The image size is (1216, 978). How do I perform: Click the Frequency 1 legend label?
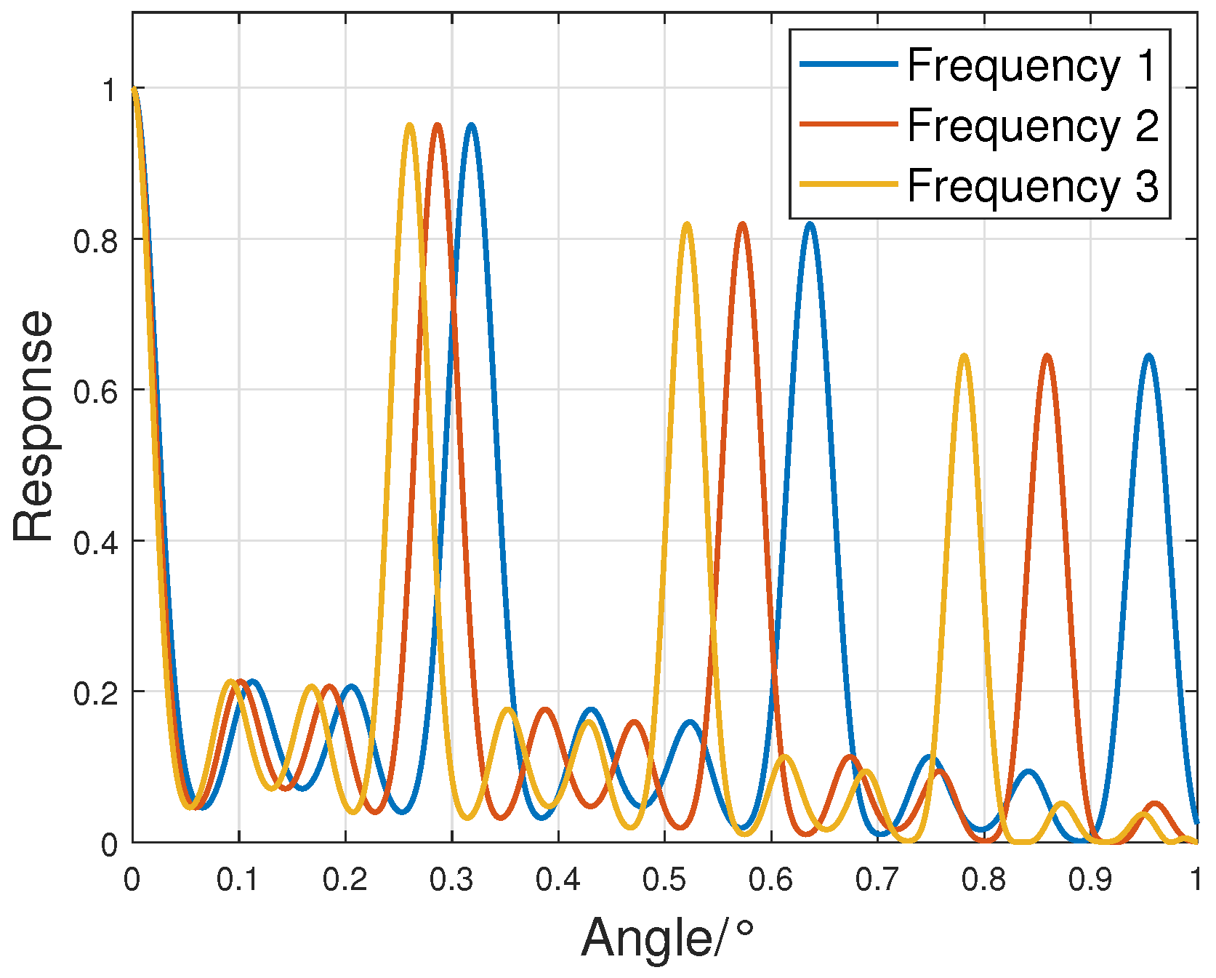pos(1031,65)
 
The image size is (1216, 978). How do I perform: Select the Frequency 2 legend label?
pos(1031,125)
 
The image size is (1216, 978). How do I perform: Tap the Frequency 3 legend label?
pos(1031,185)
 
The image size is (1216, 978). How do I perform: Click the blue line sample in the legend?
pos(848,64)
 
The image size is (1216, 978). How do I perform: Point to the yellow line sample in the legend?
pos(848,185)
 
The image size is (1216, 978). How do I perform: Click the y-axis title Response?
pos(34,425)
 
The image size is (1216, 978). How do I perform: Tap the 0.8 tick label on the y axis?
pos(95,241)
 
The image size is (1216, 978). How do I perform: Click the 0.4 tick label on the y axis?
pos(95,542)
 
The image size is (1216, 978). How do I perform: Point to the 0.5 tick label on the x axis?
pos(664,880)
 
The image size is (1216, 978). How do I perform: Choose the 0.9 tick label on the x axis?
pos(1090,880)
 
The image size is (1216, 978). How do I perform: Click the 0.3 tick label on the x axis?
pos(451,880)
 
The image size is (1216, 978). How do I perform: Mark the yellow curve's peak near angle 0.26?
pos(410,126)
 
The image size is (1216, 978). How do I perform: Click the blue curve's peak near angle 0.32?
pos(472,126)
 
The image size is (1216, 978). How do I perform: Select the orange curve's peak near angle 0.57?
pos(742,225)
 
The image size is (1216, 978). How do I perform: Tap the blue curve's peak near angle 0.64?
pos(810,225)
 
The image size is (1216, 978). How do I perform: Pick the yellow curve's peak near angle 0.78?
pos(965,356)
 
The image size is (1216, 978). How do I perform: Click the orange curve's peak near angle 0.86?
pos(1047,356)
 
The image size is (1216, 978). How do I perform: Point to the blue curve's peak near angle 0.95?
pos(1148,356)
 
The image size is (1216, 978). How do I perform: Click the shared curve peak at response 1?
pos(134,89)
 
